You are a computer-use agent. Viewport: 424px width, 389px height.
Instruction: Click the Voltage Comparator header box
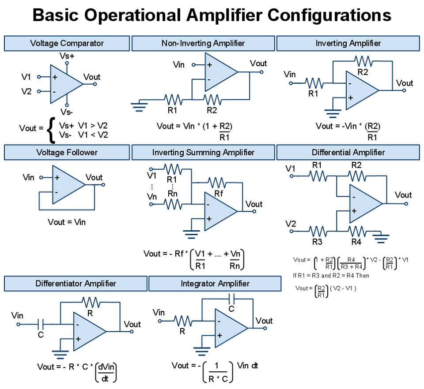(x=67, y=43)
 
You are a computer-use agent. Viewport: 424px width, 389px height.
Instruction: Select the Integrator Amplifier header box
(x=215, y=284)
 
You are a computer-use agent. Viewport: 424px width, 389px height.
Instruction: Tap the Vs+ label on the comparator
(x=67, y=56)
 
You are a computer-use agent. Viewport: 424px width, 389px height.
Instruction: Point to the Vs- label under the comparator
(x=67, y=112)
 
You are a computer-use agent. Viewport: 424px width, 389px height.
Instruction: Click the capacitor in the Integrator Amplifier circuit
(x=231, y=299)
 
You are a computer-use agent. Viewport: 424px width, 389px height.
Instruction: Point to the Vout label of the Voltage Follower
(x=94, y=177)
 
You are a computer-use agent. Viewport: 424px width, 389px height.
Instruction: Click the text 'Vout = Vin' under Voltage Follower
(x=67, y=222)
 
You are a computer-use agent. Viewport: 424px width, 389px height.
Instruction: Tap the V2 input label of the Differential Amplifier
(x=290, y=224)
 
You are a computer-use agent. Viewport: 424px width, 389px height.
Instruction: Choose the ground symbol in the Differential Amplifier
(x=381, y=238)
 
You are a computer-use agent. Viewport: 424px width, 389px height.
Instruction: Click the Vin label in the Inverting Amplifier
(x=290, y=74)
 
